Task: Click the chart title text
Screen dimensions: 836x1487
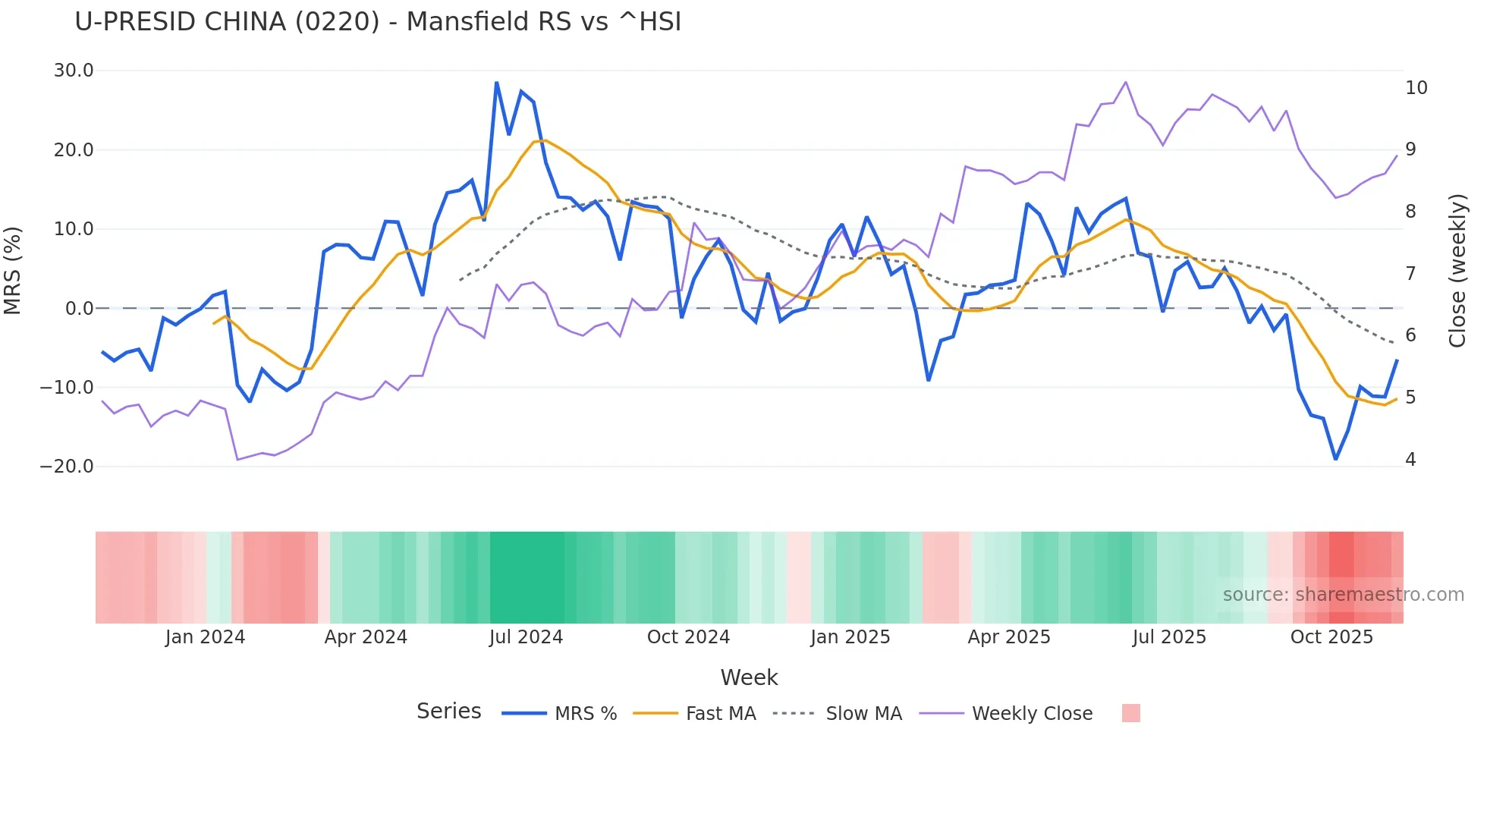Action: (378, 22)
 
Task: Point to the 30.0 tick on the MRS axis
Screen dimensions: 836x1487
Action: (74, 71)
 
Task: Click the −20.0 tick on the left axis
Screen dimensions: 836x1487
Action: (67, 467)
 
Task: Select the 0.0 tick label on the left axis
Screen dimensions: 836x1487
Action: (80, 309)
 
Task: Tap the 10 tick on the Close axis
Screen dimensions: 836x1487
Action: (1416, 88)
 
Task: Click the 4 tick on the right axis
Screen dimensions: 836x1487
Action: (1410, 460)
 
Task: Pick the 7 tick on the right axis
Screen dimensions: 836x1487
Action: (1410, 274)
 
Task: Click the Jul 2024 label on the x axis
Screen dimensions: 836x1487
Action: (526, 637)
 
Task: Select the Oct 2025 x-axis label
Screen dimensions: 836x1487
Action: (1331, 637)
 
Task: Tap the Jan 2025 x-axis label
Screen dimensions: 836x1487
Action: (850, 637)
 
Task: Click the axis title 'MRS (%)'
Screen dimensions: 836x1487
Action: (13, 270)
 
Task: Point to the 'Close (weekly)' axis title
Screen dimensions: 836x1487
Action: (1457, 271)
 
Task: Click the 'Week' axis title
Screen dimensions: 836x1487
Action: (749, 677)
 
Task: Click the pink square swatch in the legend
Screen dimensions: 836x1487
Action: (1130, 713)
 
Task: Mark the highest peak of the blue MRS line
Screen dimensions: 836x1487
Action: (497, 83)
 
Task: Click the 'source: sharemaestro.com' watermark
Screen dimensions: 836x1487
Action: (1343, 595)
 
